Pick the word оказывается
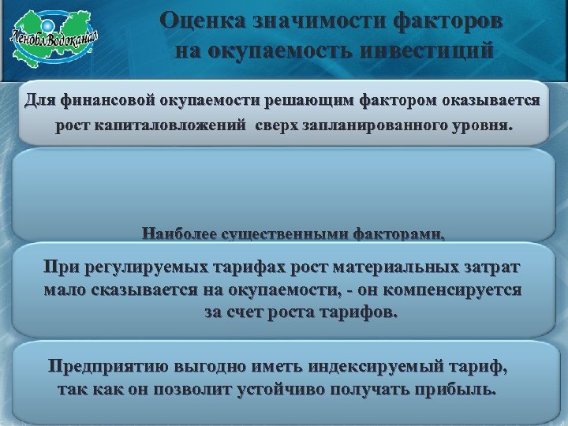click(490, 101)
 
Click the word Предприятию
click(107, 368)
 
